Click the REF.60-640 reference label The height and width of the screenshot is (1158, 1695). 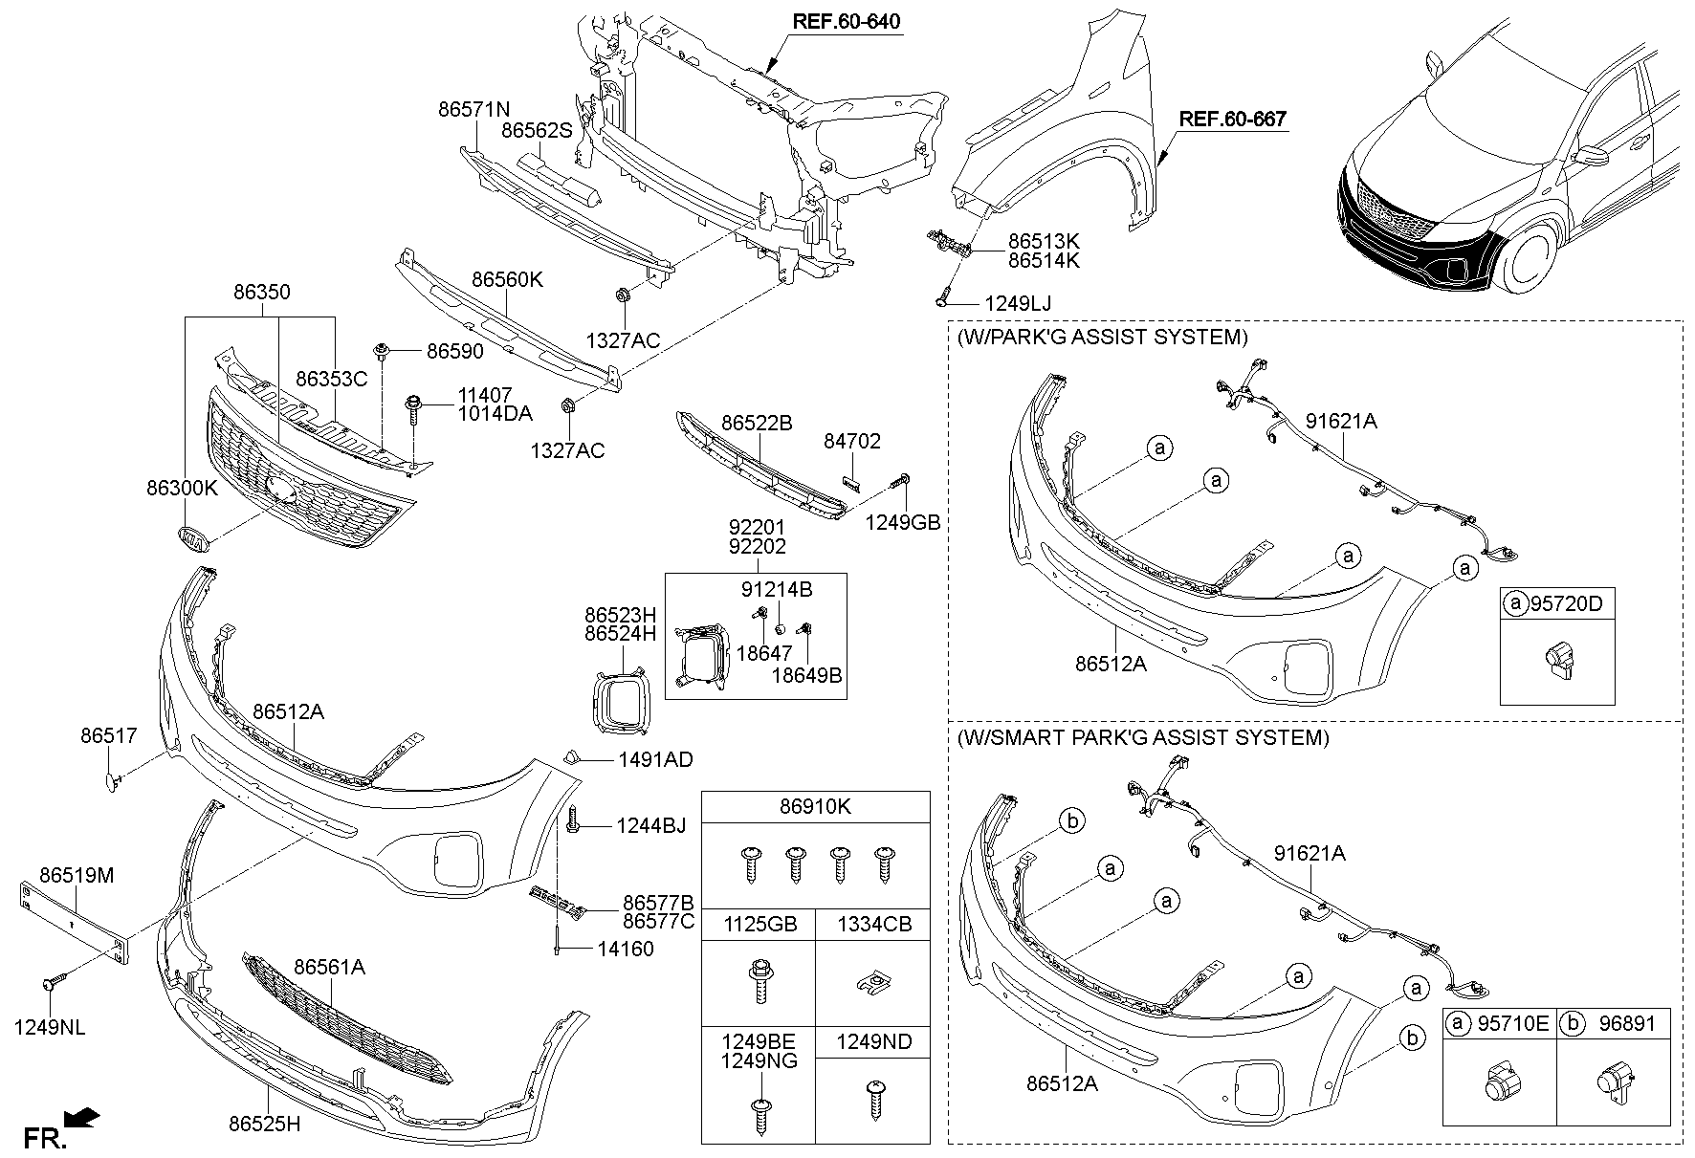pos(845,21)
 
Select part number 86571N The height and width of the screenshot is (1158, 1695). pos(473,109)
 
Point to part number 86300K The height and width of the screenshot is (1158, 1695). pos(182,487)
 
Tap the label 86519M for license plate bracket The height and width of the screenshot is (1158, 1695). pos(76,875)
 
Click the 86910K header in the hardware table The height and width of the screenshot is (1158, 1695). pos(815,807)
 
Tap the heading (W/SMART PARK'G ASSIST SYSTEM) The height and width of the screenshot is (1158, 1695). pos(1142,737)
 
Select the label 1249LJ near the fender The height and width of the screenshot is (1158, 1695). pos(1017,303)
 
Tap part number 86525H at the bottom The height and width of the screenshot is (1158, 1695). pos(264,1124)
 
